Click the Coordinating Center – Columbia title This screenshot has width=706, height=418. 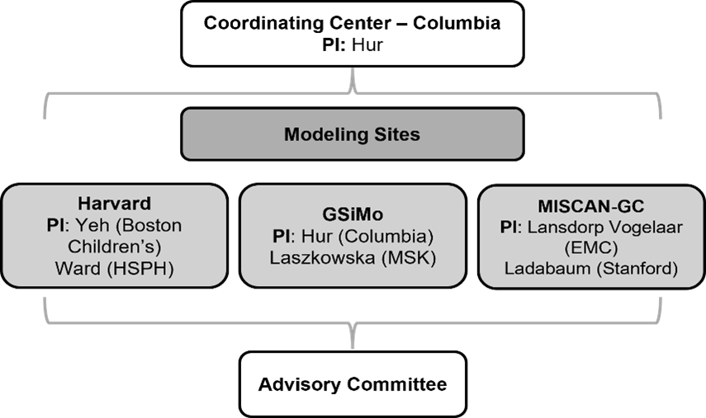(352, 23)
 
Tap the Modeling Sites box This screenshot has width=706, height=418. (352, 134)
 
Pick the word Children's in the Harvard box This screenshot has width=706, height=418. (114, 246)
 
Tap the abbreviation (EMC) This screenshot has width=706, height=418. (591, 246)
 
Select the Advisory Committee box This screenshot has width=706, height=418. (353, 384)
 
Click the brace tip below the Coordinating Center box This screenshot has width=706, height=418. (353, 86)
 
